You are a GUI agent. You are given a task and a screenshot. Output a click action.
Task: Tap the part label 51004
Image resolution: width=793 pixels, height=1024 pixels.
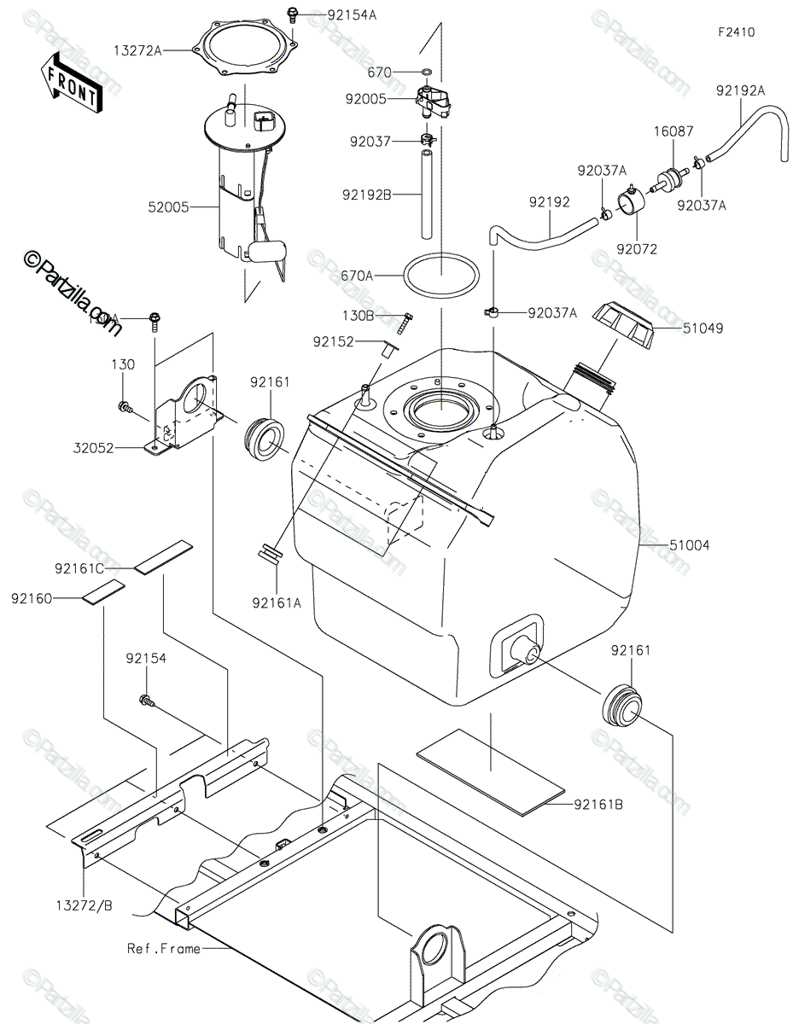[x=690, y=544]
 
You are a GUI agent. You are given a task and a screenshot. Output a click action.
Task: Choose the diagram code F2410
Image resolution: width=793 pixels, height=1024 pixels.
[x=735, y=32]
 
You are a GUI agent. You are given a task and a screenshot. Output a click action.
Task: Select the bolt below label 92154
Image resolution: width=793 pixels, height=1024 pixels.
[x=146, y=701]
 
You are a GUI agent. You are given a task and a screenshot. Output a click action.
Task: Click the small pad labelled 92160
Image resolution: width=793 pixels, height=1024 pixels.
[x=103, y=591]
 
